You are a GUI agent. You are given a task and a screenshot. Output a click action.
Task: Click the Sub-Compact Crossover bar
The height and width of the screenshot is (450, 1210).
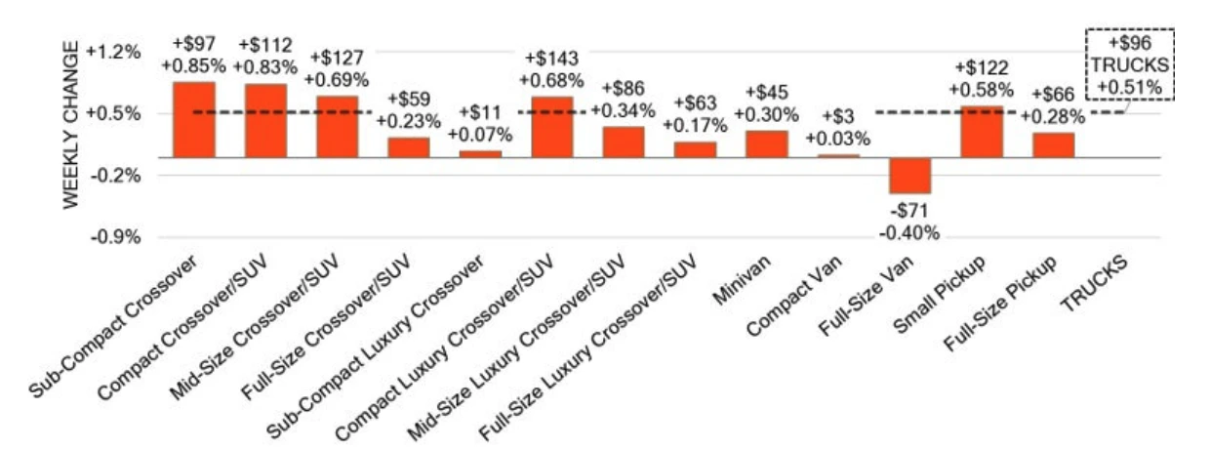193,119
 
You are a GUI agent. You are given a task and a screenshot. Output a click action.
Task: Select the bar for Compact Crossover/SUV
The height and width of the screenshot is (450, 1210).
265,120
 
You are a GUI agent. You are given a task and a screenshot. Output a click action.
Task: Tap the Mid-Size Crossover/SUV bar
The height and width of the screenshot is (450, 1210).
338,126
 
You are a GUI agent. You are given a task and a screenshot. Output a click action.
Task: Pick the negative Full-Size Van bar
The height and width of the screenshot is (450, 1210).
909,176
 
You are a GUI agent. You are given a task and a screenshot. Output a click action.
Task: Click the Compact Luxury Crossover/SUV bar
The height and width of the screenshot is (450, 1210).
552,127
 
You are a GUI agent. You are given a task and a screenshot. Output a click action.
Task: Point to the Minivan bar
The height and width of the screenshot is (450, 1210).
767,143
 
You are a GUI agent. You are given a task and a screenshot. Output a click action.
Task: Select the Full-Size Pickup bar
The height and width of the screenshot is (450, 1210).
1053,144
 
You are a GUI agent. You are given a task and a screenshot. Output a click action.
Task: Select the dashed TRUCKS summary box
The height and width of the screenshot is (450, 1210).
1129,64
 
